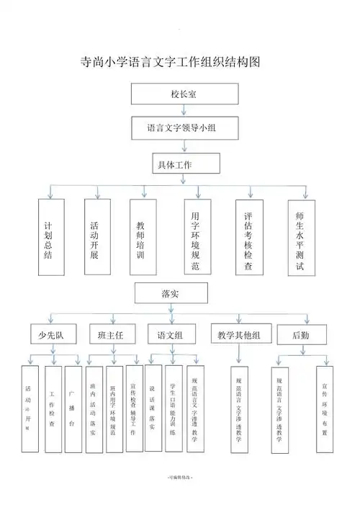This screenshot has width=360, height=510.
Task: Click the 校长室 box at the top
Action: tap(184, 94)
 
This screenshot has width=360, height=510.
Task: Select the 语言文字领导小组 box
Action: tap(184, 128)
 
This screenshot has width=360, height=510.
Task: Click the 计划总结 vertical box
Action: tap(49, 236)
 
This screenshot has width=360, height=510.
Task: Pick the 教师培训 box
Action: tap(141, 236)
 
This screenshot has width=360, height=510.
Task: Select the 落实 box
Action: tap(171, 294)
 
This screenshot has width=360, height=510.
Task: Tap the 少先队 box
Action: tap(48, 334)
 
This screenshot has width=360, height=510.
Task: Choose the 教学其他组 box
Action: tap(239, 334)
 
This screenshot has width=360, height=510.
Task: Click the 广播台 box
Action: tap(73, 409)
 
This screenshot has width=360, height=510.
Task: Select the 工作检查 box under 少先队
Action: tap(53, 409)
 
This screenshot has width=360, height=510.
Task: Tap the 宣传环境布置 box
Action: tap(325, 409)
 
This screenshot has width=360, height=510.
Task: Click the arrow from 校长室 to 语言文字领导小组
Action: tap(184, 110)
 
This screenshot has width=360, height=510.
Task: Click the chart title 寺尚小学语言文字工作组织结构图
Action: tap(170, 62)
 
